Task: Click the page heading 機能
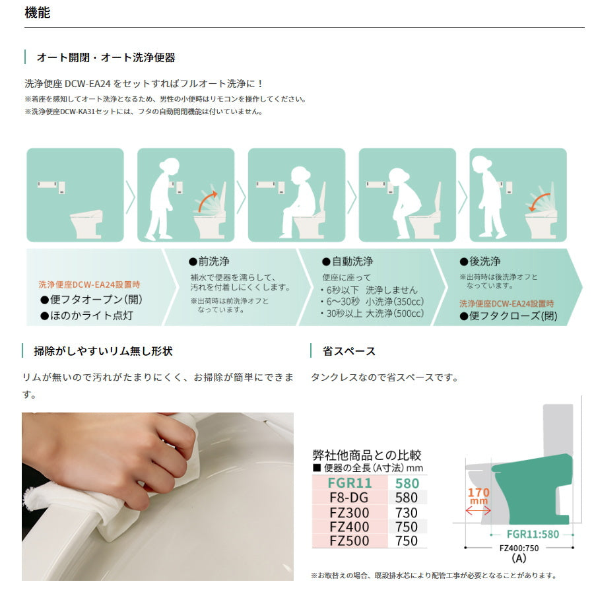(37, 13)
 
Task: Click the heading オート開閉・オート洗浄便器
(106, 57)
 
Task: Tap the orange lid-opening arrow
(208, 201)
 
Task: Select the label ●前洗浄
(209, 261)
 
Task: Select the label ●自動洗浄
(347, 261)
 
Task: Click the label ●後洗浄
(480, 261)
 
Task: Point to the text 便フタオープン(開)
(96, 300)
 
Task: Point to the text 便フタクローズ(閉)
(513, 316)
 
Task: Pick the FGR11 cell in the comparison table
(350, 483)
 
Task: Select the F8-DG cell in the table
(350, 498)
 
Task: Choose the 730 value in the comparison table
(407, 513)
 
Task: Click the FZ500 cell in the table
(350, 541)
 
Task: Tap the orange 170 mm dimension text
(479, 496)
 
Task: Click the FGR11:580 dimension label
(533, 534)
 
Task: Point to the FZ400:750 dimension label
(519, 548)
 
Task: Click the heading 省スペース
(349, 351)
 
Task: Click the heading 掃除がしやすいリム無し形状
(103, 351)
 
